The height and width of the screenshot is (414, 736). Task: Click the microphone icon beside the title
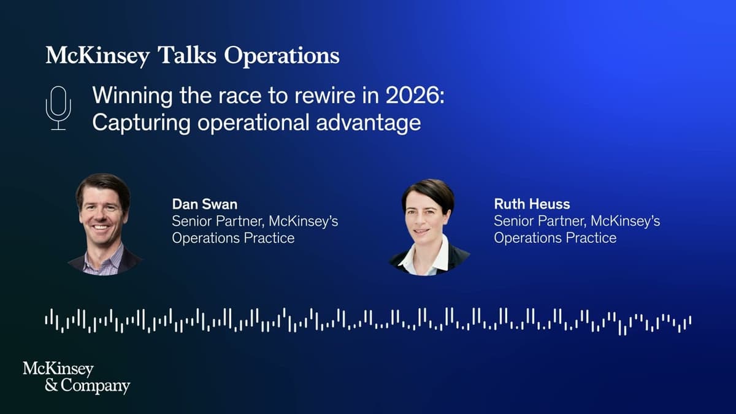point(58,107)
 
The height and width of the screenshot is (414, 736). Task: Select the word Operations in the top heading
point(282,56)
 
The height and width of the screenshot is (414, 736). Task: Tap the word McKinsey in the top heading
point(97,56)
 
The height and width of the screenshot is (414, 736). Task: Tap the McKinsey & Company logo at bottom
point(76,377)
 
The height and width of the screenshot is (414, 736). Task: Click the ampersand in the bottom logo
point(50,386)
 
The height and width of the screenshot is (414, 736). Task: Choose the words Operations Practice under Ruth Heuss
point(554,238)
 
